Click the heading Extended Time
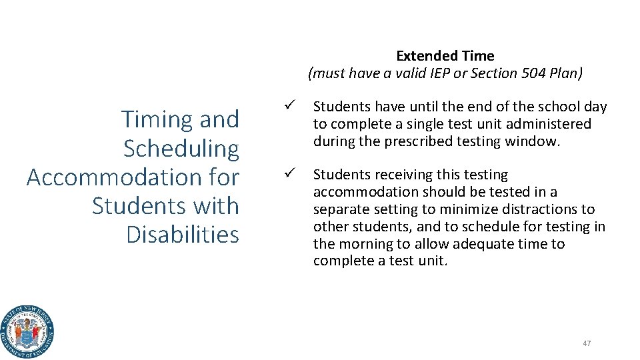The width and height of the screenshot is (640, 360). [445, 56]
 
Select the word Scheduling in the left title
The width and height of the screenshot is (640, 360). [181, 148]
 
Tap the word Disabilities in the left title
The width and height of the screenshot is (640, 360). [182, 235]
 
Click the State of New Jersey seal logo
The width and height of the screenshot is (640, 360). [27, 331]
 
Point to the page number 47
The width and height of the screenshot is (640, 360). [587, 343]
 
